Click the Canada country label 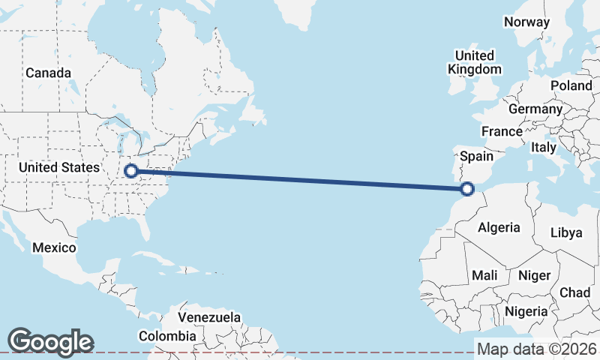pyautogui.click(x=48, y=73)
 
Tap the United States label pyautogui.click(x=58, y=167)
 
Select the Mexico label pyautogui.click(x=54, y=247)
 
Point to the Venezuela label pyautogui.click(x=209, y=317)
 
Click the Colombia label pyautogui.click(x=167, y=336)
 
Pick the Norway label pyautogui.click(x=526, y=22)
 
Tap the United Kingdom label pyautogui.click(x=475, y=62)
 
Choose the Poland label pyautogui.click(x=571, y=85)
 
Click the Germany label pyautogui.click(x=535, y=109)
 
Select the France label pyautogui.click(x=502, y=131)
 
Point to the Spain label pyautogui.click(x=476, y=156)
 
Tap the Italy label pyautogui.click(x=544, y=148)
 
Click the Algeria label pyautogui.click(x=499, y=227)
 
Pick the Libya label pyautogui.click(x=566, y=232)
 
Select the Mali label pyautogui.click(x=484, y=275)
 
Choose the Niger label pyautogui.click(x=534, y=275)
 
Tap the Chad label pyautogui.click(x=574, y=292)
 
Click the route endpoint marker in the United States pyautogui.click(x=131, y=171)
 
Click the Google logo pyautogui.click(x=50, y=341)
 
